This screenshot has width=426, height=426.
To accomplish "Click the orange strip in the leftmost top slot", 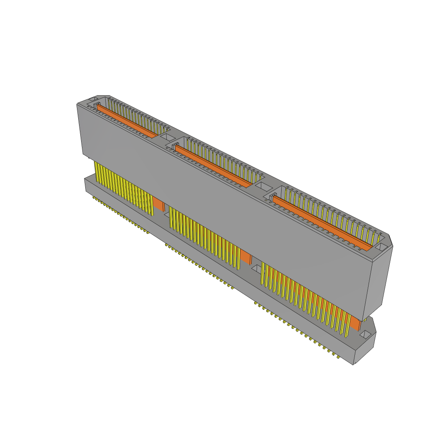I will tap(127, 121).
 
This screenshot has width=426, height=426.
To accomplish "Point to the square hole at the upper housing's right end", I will tap(381, 247).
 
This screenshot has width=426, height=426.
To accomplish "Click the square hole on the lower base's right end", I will tap(365, 334).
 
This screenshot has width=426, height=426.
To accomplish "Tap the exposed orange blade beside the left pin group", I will tap(159, 204).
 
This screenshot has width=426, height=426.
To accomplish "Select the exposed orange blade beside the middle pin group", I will tap(246, 258).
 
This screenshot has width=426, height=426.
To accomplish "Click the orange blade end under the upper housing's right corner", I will tap(355, 323).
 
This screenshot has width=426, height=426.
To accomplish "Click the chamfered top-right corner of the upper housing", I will tap(391, 239).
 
